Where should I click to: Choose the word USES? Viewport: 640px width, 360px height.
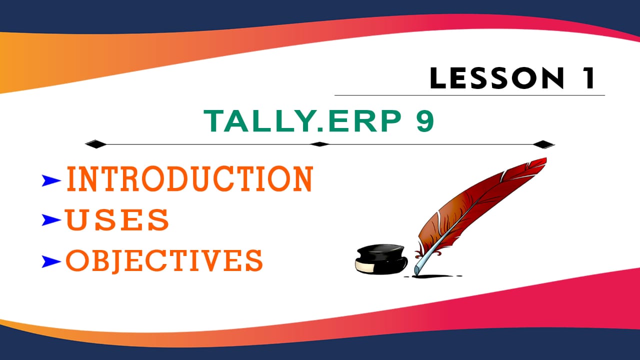(x=117, y=220)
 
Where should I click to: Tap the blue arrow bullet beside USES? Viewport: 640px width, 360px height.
(x=52, y=219)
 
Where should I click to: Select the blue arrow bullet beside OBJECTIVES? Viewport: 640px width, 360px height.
(x=52, y=260)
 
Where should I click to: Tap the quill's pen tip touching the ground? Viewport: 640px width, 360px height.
(x=416, y=273)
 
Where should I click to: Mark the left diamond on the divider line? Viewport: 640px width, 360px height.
(x=95, y=144)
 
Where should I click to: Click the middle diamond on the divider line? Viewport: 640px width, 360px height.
(x=320, y=144)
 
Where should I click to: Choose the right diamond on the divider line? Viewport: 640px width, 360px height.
(x=543, y=144)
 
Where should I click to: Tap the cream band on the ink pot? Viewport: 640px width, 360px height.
(x=365, y=267)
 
